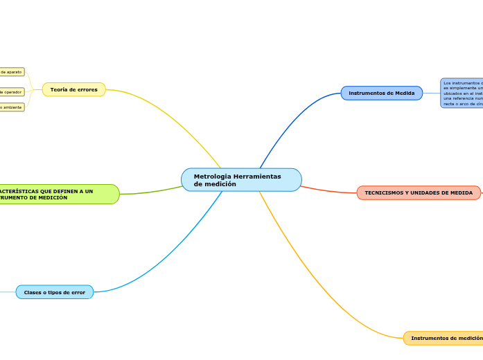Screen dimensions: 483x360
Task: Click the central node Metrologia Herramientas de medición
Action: tap(241, 180)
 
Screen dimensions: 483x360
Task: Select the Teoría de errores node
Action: tap(73, 90)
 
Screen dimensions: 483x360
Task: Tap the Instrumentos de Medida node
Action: tap(381, 93)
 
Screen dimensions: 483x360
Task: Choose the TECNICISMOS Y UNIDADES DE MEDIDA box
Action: tap(419, 192)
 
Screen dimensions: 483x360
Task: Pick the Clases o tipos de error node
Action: tap(54, 292)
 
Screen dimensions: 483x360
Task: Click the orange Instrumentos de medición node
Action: tap(444, 338)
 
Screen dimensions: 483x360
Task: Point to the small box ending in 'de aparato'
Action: tap(11, 72)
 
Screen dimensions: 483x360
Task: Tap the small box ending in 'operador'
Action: tap(11, 92)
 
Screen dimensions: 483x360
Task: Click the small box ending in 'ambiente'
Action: tap(11, 107)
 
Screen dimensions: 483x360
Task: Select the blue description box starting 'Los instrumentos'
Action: tap(462, 93)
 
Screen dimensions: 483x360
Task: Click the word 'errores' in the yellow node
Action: tap(87, 90)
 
